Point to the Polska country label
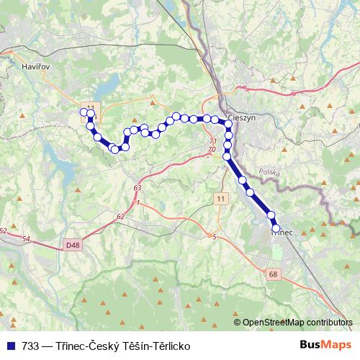(x=269, y=172)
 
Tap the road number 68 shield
(x=272, y=274)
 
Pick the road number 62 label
(x=120, y=216)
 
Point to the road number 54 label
(x=27, y=238)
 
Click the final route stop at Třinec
(x=276, y=228)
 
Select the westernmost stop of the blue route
(x=83, y=112)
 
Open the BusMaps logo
(x=325, y=345)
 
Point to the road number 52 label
(x=4, y=231)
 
